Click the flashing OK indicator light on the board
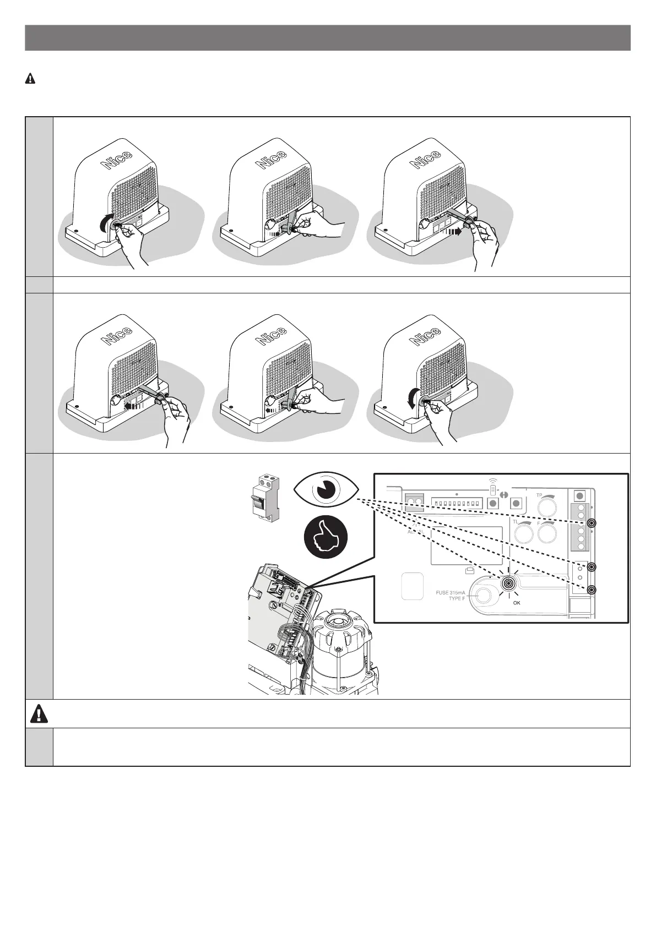pyautogui.click(x=509, y=584)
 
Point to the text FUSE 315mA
pyautogui.click(x=447, y=592)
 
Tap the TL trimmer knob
pyautogui.click(x=523, y=532)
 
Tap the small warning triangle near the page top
pyautogui.click(x=30, y=79)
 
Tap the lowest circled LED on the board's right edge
pyautogui.click(x=592, y=590)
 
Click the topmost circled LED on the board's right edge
pyautogui.click(x=592, y=524)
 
